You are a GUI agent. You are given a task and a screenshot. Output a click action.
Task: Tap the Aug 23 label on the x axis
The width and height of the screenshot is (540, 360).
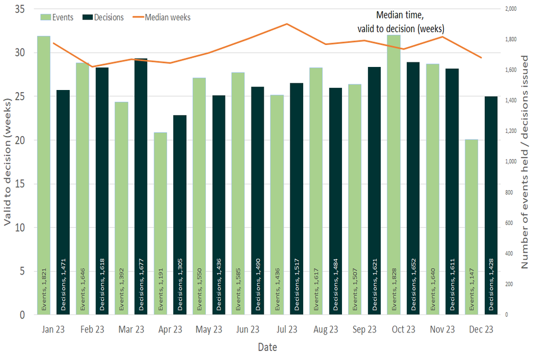[x=325, y=330]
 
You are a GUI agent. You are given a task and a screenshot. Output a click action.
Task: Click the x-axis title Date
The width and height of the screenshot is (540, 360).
[x=267, y=348]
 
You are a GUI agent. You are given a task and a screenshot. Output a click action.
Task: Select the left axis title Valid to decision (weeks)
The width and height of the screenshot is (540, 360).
[x=7, y=163]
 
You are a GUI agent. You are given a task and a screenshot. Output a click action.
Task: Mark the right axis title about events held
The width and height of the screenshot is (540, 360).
[x=525, y=162]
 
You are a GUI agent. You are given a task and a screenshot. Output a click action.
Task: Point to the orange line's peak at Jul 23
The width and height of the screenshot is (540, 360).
[x=287, y=24]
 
